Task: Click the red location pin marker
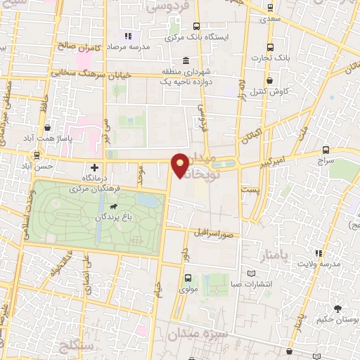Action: click(181, 164)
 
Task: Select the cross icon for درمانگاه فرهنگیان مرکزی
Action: click(95, 167)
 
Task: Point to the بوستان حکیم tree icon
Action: click(338, 309)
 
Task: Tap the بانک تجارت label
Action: click(282, 56)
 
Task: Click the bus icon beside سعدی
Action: click(271, 8)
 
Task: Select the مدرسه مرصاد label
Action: click(149, 46)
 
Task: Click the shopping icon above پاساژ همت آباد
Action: click(46, 128)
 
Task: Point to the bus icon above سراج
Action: click(326, 150)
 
